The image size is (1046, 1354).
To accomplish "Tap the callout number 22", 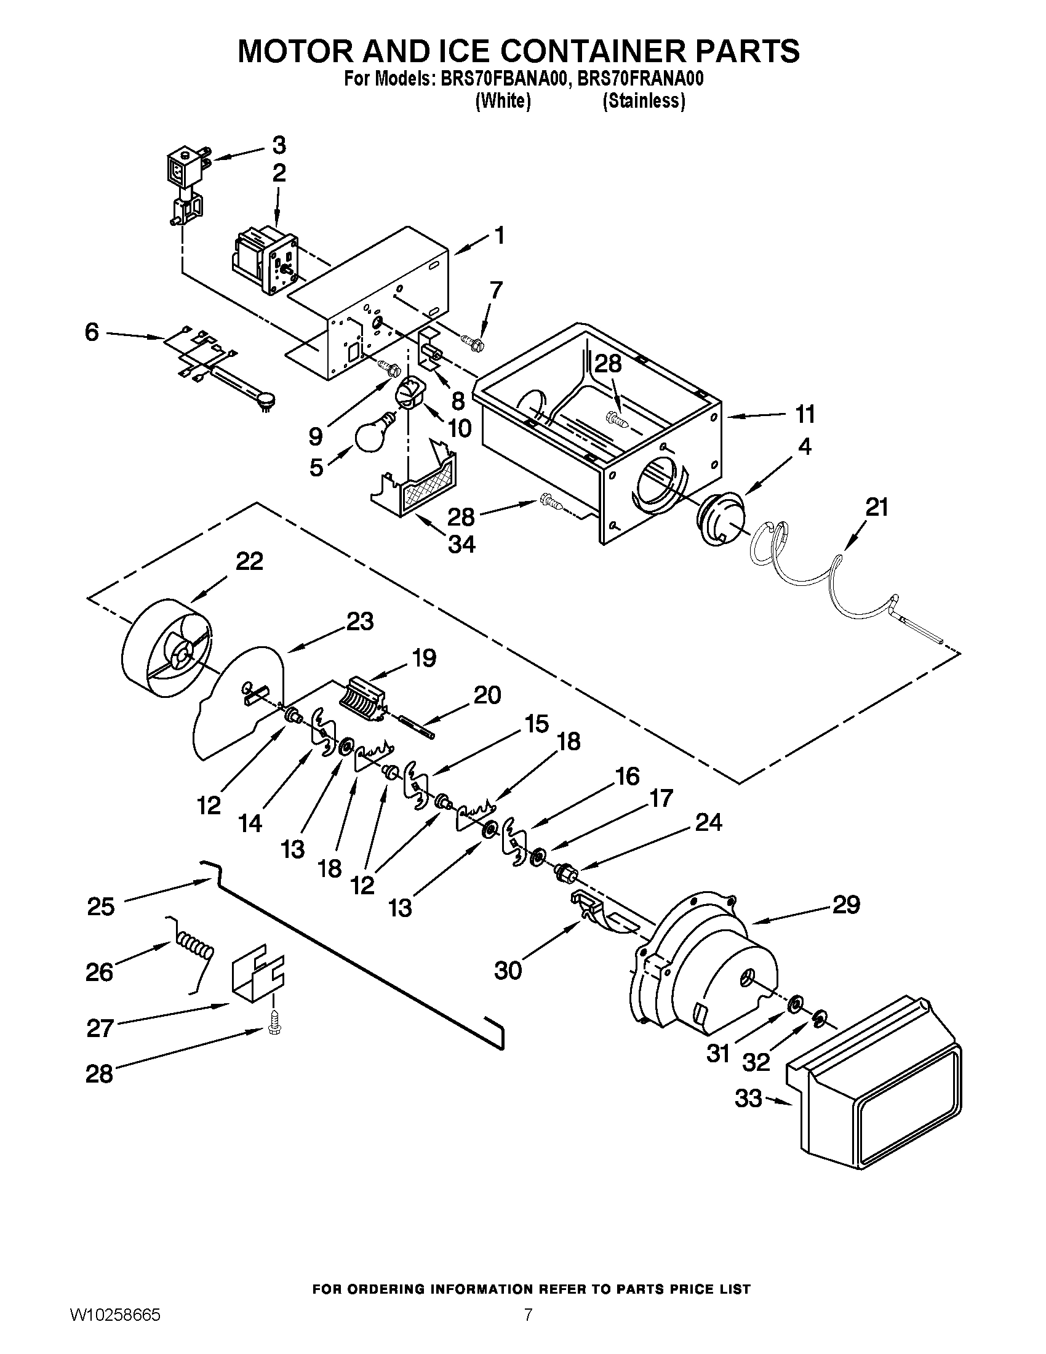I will pos(249,562).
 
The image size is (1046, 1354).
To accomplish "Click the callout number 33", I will pos(749,1099).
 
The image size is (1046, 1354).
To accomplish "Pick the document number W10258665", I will pos(114,1328).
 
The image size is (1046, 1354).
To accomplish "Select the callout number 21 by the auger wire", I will pos(876,508).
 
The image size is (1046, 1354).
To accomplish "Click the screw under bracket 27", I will pos(273,1028).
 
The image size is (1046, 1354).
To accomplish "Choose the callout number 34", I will pos(461,544).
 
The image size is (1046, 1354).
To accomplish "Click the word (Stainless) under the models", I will pos(644,101).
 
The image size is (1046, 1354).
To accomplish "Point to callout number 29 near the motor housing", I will pos(846,906).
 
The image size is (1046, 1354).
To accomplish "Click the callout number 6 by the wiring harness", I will pos(92,333).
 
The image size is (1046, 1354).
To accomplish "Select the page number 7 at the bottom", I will pos(527,1328).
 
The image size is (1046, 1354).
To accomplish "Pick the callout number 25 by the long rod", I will pos(100,907).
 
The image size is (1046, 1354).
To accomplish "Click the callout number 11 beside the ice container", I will pos(805,414).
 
